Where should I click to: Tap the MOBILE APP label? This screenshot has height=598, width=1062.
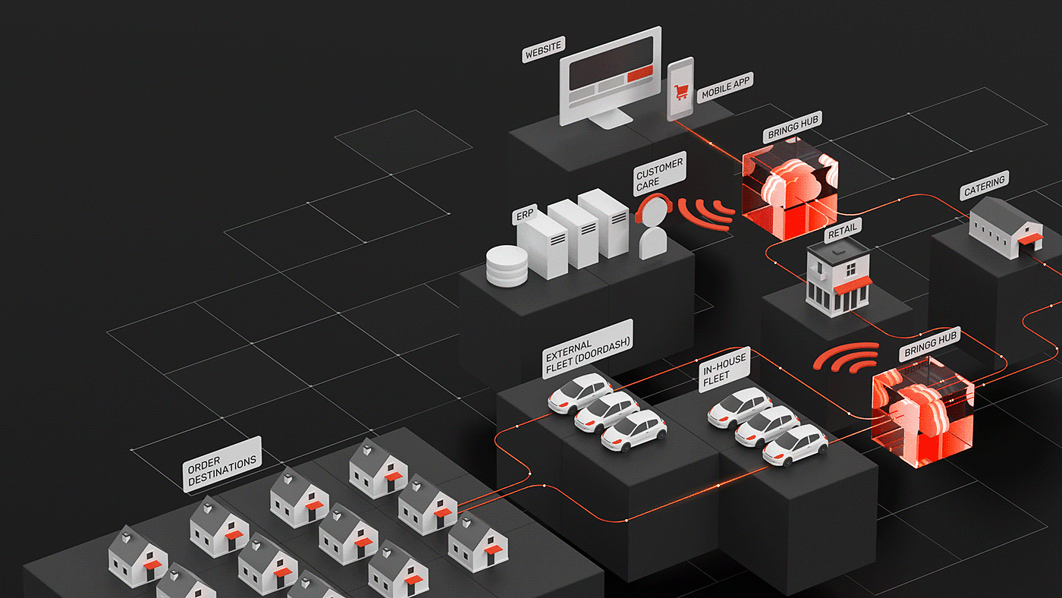coord(725,88)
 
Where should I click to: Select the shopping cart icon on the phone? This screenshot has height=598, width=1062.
coord(680,91)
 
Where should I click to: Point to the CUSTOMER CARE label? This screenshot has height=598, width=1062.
coord(659,174)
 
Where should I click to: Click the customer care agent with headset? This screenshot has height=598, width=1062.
coord(652,228)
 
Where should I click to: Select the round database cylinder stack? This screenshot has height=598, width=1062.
coord(505,266)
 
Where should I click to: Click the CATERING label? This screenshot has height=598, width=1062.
coord(984,187)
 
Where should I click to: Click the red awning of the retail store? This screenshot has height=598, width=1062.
coord(853,285)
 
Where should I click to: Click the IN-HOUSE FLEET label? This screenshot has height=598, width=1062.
coord(724,370)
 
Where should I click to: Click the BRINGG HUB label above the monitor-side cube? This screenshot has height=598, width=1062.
coord(793,128)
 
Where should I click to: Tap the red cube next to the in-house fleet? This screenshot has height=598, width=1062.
coord(921,411)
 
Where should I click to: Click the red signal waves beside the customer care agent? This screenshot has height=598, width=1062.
coord(705,214)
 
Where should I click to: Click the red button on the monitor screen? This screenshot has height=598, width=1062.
coord(639,73)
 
